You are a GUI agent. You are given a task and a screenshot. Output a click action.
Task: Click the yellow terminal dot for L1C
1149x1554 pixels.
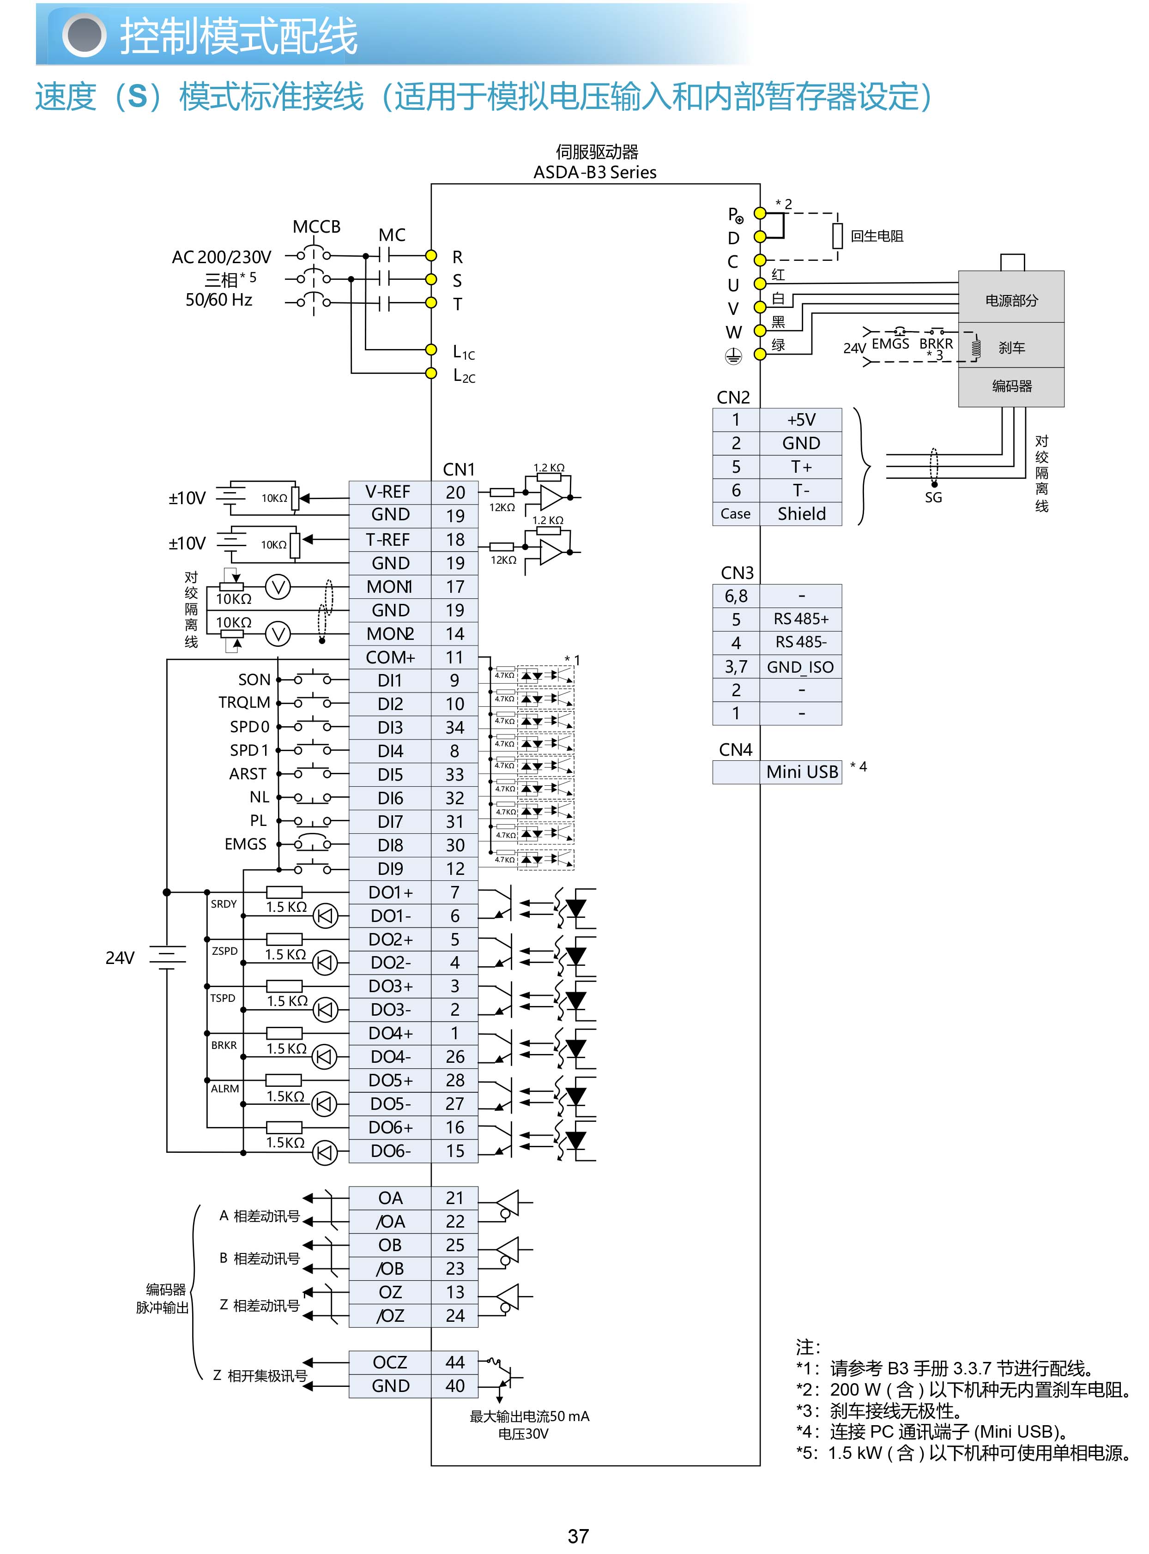(431, 349)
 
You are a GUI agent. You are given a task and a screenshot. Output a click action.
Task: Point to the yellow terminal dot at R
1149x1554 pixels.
(431, 255)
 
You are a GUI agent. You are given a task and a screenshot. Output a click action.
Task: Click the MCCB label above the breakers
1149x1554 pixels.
(316, 227)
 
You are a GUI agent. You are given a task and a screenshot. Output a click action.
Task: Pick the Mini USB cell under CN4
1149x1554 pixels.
(801, 772)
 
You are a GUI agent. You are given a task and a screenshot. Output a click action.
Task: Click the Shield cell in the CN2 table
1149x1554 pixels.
(801, 514)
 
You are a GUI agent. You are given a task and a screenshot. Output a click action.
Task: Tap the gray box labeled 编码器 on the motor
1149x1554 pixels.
(1011, 386)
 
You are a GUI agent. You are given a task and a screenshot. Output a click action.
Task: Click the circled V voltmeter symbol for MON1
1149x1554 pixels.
(278, 588)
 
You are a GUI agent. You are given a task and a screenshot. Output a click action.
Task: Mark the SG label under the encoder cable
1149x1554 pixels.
(933, 498)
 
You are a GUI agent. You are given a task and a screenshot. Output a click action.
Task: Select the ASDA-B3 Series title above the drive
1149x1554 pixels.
(595, 172)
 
